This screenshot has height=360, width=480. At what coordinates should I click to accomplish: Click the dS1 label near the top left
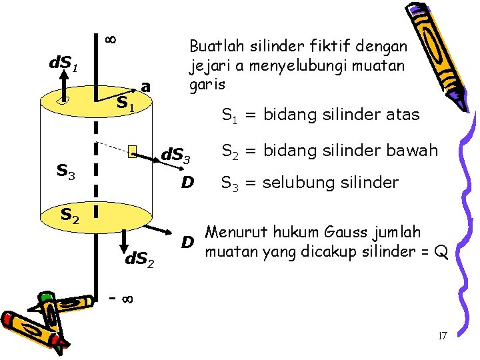pyautogui.click(x=65, y=65)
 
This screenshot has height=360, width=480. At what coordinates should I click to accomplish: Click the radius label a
pyautogui.click(x=146, y=87)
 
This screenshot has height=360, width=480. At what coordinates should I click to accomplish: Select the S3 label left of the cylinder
pyautogui.click(x=65, y=172)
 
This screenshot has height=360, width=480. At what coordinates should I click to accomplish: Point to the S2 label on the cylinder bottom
pyautogui.click(x=70, y=215)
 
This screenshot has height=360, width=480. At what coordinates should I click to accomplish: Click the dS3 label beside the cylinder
pyautogui.click(x=177, y=157)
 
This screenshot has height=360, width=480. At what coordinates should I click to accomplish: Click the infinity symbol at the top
pyautogui.click(x=111, y=39)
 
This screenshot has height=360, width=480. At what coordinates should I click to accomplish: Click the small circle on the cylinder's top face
pyautogui.click(x=63, y=101)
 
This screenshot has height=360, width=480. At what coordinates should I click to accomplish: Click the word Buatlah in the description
pyautogui.click(x=212, y=46)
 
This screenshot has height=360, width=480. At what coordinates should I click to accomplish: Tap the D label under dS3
pyautogui.click(x=188, y=182)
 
